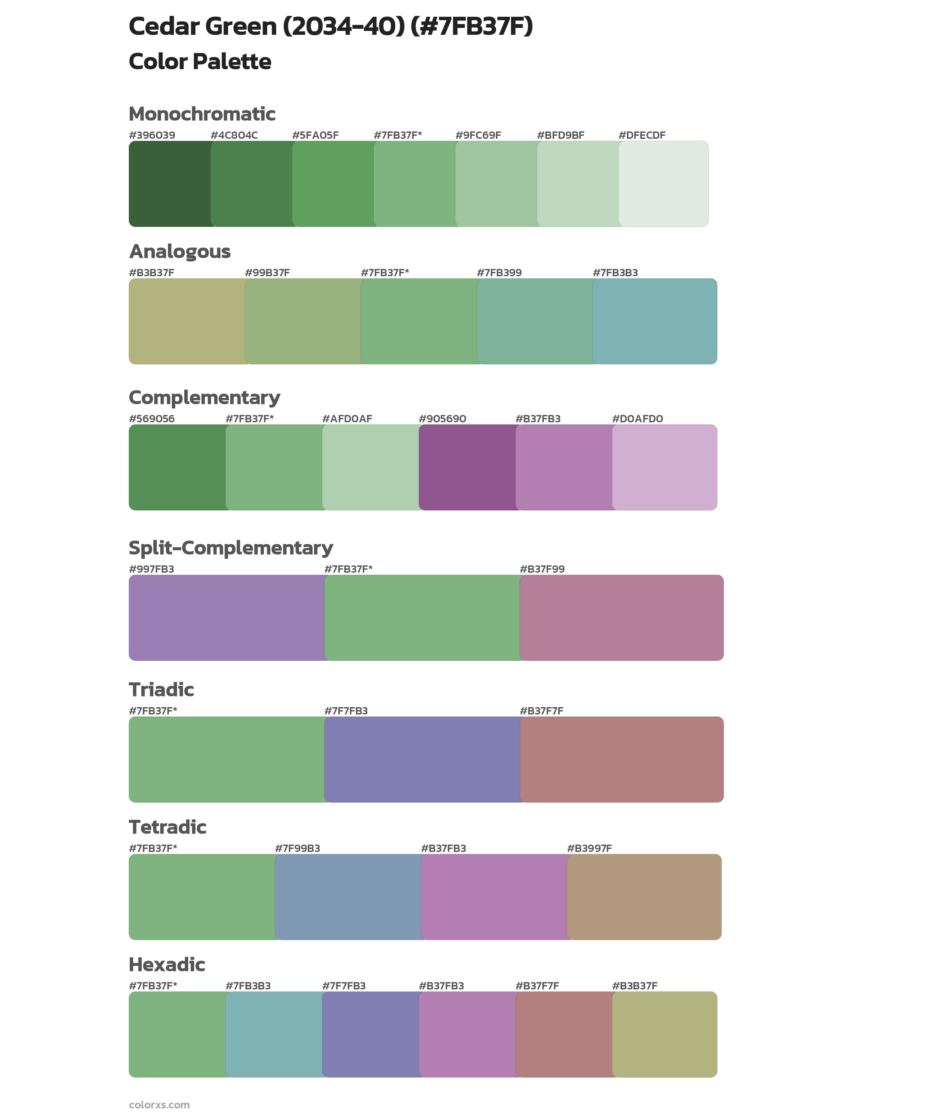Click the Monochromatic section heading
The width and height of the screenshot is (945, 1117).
[x=202, y=114]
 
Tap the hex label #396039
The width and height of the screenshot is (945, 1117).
[x=152, y=135]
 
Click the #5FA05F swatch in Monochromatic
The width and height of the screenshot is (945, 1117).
[x=333, y=184]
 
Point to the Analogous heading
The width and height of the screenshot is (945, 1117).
[x=180, y=251]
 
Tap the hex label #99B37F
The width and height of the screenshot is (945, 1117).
[x=267, y=273]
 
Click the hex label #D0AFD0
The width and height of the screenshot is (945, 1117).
[x=637, y=418]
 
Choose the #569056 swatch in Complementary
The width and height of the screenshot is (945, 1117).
[x=177, y=467]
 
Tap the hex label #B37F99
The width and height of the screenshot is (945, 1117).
[x=542, y=569]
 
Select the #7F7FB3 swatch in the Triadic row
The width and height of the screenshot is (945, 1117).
[x=422, y=760]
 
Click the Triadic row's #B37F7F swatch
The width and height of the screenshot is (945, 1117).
[x=622, y=760]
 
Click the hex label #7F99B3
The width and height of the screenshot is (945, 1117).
[x=297, y=848]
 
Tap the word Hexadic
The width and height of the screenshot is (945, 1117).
[x=167, y=964]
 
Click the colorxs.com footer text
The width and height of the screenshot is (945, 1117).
[x=159, y=1105]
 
